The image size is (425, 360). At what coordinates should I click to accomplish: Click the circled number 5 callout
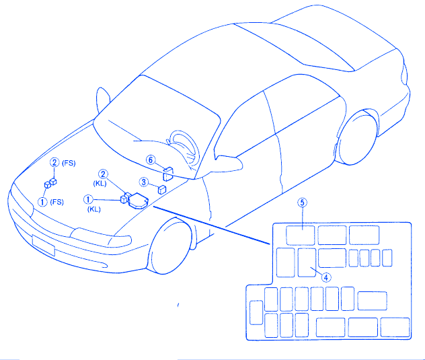pyautogui.click(x=302, y=203)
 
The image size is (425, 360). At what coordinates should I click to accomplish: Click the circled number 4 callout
pyautogui.click(x=326, y=277)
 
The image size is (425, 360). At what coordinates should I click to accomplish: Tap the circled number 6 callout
pyautogui.click(x=151, y=159)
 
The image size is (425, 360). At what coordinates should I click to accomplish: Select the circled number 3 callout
pyautogui.click(x=144, y=182)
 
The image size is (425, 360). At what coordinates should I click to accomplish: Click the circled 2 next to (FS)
pyautogui.click(x=54, y=162)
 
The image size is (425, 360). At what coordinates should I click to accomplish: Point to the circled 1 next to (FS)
pyautogui.click(x=42, y=202)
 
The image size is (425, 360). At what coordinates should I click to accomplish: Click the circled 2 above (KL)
pyautogui.click(x=103, y=174)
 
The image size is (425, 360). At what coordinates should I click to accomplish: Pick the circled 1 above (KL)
pyautogui.click(x=88, y=200)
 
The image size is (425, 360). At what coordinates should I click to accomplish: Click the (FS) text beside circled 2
pyautogui.click(x=69, y=163)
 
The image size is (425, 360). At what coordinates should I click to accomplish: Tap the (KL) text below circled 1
pyautogui.click(x=93, y=209)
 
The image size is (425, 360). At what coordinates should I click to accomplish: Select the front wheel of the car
pyautogui.click(x=170, y=246)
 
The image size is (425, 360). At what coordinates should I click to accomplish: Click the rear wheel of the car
pyautogui.click(x=356, y=138)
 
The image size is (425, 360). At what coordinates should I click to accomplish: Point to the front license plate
pyautogui.click(x=43, y=246)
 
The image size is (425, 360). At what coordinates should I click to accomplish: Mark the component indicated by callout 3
pyautogui.click(x=162, y=190)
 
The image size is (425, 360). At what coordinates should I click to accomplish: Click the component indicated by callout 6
pyautogui.click(x=167, y=174)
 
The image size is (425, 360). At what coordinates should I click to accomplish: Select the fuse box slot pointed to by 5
pyautogui.click(x=301, y=236)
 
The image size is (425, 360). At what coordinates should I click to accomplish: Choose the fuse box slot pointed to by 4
pyautogui.click(x=307, y=262)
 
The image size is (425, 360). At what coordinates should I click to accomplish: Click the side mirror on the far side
pyautogui.click(x=102, y=100)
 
